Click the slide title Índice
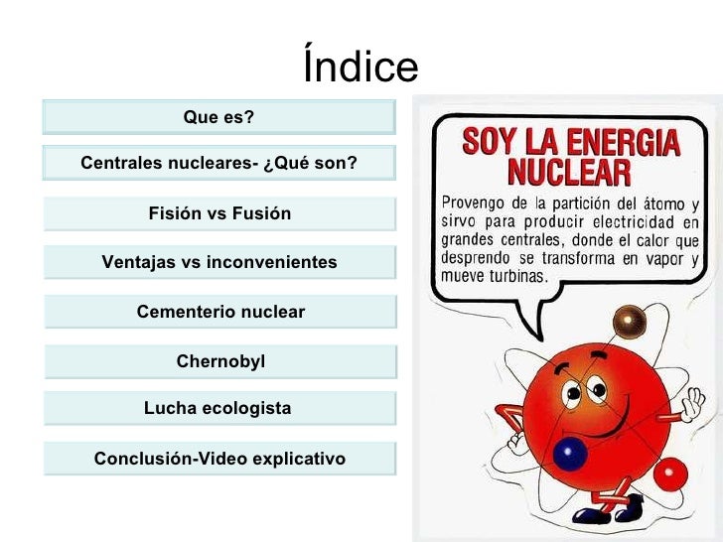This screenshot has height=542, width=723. coord(361,68)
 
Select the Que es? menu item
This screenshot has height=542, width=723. coord(218,117)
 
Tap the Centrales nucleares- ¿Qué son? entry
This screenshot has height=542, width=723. coord(218,163)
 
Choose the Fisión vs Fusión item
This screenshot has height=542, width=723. coord(219,213)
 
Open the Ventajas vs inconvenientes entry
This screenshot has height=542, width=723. coord(219,262)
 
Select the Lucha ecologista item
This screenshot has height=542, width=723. coord(217,408)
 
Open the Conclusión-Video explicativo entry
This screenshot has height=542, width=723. coord(219,459)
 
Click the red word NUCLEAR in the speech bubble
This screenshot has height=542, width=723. coord(569,173)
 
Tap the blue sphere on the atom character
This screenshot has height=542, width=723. coord(570,454)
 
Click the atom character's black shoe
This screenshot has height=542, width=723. coord(596,514)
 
